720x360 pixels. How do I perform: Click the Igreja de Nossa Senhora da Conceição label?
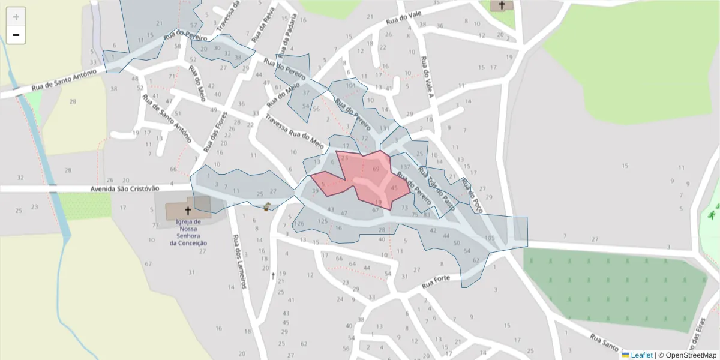(x=188, y=232)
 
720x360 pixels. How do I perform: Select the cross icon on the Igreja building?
(x=188, y=211)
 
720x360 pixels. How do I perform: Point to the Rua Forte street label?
(x=436, y=280)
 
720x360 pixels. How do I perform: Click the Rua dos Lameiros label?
(x=239, y=262)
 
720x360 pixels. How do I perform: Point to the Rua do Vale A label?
(x=427, y=77)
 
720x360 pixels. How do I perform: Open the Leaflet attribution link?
(x=641, y=355)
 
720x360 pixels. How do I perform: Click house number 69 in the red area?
(x=376, y=169)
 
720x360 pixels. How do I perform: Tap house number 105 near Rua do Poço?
(x=490, y=238)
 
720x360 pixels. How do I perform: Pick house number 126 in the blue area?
(x=299, y=223)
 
